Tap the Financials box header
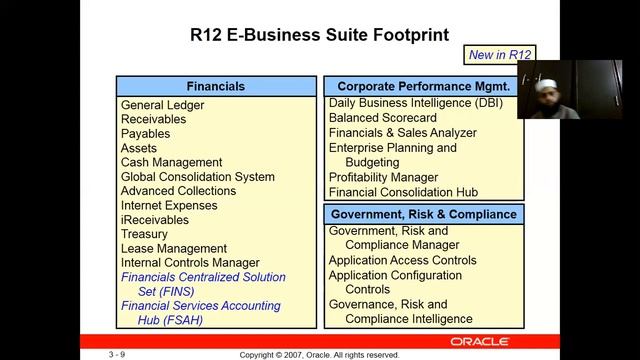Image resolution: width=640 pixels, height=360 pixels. tap(215, 87)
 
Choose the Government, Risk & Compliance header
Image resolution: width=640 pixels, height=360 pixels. tap(424, 214)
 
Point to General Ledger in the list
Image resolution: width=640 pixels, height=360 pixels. tap(162, 105)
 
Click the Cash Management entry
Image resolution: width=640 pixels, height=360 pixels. tap(171, 162)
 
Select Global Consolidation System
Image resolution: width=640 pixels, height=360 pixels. tap(197, 177)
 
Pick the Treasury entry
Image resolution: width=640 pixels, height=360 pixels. tap(144, 234)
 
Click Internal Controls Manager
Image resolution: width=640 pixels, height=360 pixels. tap(190, 263)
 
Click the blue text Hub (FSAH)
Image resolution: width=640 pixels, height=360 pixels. tap(170, 320)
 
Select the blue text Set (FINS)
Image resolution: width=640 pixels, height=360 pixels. tap(166, 292)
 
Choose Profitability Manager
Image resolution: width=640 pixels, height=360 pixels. tap(383, 177)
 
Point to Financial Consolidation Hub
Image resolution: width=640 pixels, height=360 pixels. tap(403, 192)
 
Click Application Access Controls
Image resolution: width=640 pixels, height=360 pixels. tap(403, 260)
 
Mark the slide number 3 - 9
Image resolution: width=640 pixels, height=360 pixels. tap(116, 354)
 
